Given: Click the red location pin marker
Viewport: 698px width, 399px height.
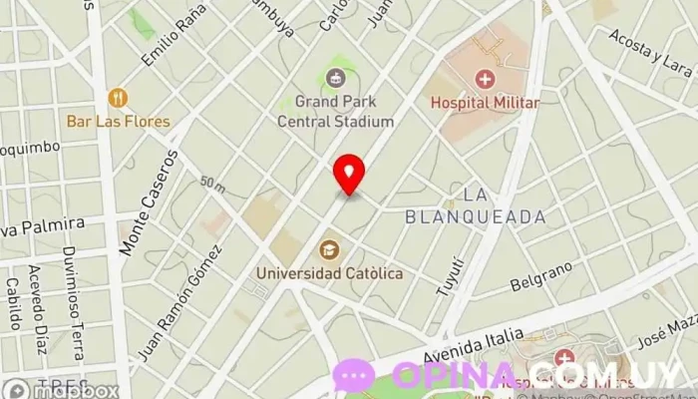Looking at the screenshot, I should click(348, 174).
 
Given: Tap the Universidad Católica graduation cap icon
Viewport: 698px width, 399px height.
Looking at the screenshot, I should click(328, 249).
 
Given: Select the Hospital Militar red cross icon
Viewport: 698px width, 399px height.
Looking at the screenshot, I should click(485, 79).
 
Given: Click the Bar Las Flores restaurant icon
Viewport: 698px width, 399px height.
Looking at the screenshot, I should click(118, 98).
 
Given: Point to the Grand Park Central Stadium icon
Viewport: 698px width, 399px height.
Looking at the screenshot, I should click(336, 77).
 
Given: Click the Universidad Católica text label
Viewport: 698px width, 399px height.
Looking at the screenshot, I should click(329, 272).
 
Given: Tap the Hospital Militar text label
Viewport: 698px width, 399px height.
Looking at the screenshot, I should click(485, 102).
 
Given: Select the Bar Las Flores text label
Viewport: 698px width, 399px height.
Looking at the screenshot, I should click(119, 122).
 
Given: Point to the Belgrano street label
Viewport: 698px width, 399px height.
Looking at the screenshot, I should click(541, 277).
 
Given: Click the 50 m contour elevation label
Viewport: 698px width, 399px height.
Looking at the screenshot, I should click(211, 183).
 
